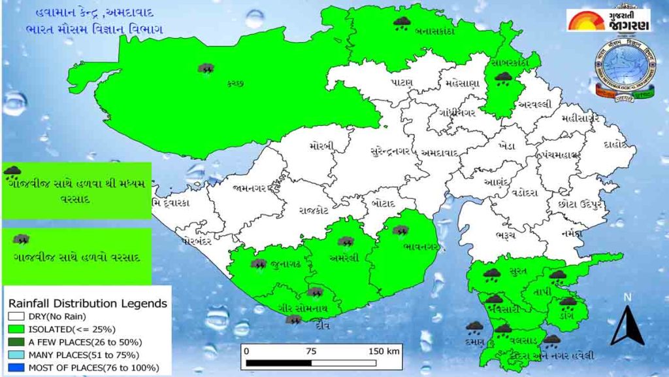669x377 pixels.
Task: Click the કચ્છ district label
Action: pyautogui.click(x=236, y=83)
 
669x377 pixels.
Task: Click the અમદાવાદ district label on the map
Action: pyautogui.click(x=440, y=153)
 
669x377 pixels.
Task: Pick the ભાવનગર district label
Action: pyautogui.click(x=419, y=246)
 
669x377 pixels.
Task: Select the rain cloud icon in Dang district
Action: pyautogui.click(x=568, y=302)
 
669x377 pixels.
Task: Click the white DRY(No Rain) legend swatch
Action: pyautogui.click(x=16, y=317)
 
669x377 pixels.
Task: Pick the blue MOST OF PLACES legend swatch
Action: pyautogui.click(x=16, y=368)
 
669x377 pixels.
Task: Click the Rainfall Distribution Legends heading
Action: pyautogui.click(x=87, y=304)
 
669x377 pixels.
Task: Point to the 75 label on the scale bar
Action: pyautogui.click(x=310, y=350)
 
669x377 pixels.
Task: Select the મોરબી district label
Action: pyautogui.click(x=323, y=145)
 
